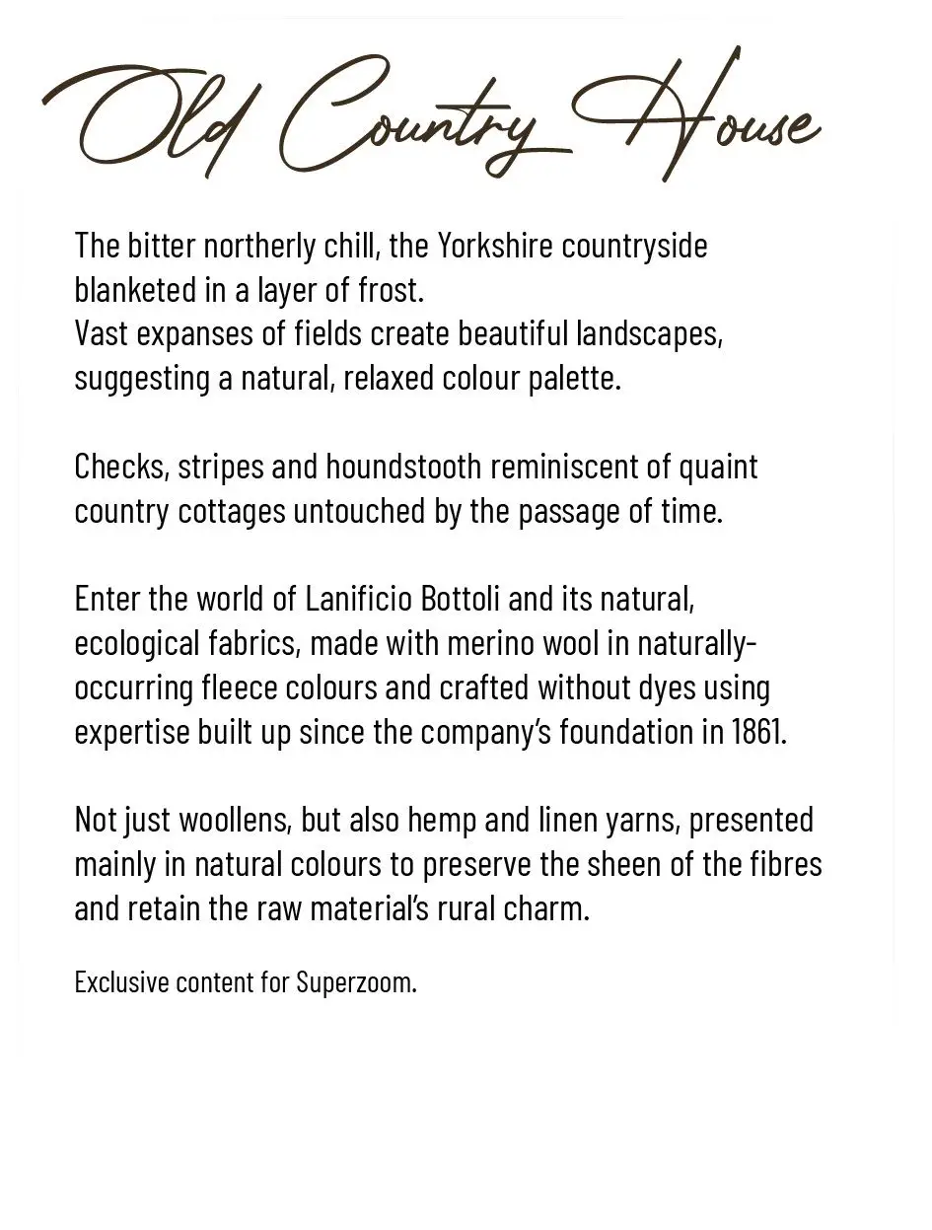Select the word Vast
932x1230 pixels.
tap(102, 333)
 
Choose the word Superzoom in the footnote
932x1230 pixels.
tap(356, 982)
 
